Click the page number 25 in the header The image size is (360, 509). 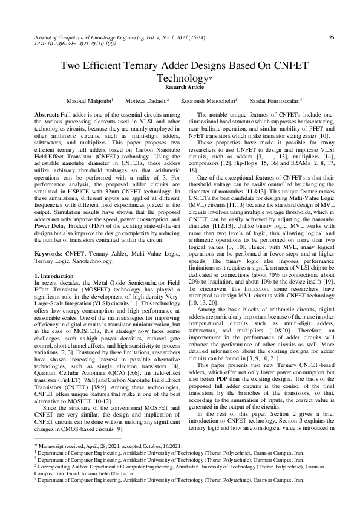coord(331,37)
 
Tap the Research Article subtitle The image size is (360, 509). coord(180,87)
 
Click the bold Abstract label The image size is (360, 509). coord(46,114)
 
